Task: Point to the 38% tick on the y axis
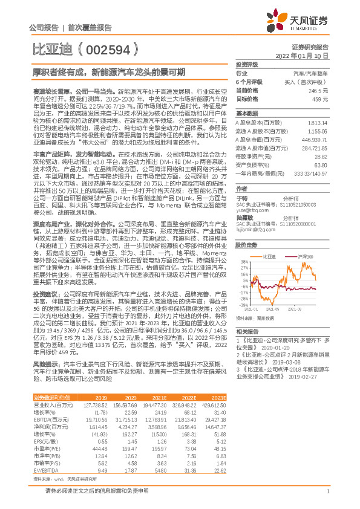244,262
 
